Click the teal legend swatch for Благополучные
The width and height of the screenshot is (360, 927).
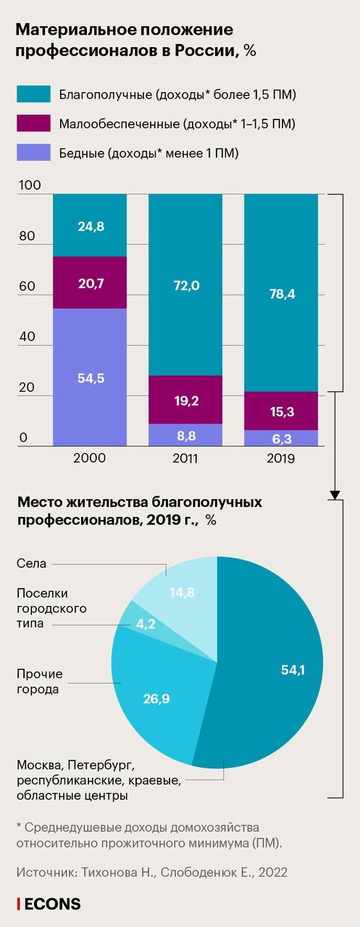(x=33, y=94)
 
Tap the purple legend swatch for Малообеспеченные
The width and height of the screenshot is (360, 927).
(x=33, y=123)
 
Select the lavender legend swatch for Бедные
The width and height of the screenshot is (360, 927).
(x=33, y=152)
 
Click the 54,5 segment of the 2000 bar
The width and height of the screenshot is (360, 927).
(x=90, y=377)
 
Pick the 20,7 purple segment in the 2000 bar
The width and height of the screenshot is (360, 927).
(x=90, y=282)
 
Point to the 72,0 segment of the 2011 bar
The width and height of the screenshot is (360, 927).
(x=185, y=285)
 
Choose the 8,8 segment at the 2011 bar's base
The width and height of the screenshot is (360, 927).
(x=185, y=435)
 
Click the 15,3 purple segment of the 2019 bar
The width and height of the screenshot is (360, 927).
(x=281, y=411)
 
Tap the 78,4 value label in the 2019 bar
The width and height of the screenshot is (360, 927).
(x=282, y=294)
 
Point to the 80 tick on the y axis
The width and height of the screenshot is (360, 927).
(x=27, y=236)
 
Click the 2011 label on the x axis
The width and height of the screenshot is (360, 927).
(x=185, y=458)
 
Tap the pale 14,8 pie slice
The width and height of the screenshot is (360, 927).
(x=182, y=592)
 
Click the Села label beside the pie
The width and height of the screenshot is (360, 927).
(x=31, y=563)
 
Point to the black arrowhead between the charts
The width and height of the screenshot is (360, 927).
(x=335, y=495)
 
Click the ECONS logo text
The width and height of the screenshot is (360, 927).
(x=53, y=904)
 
